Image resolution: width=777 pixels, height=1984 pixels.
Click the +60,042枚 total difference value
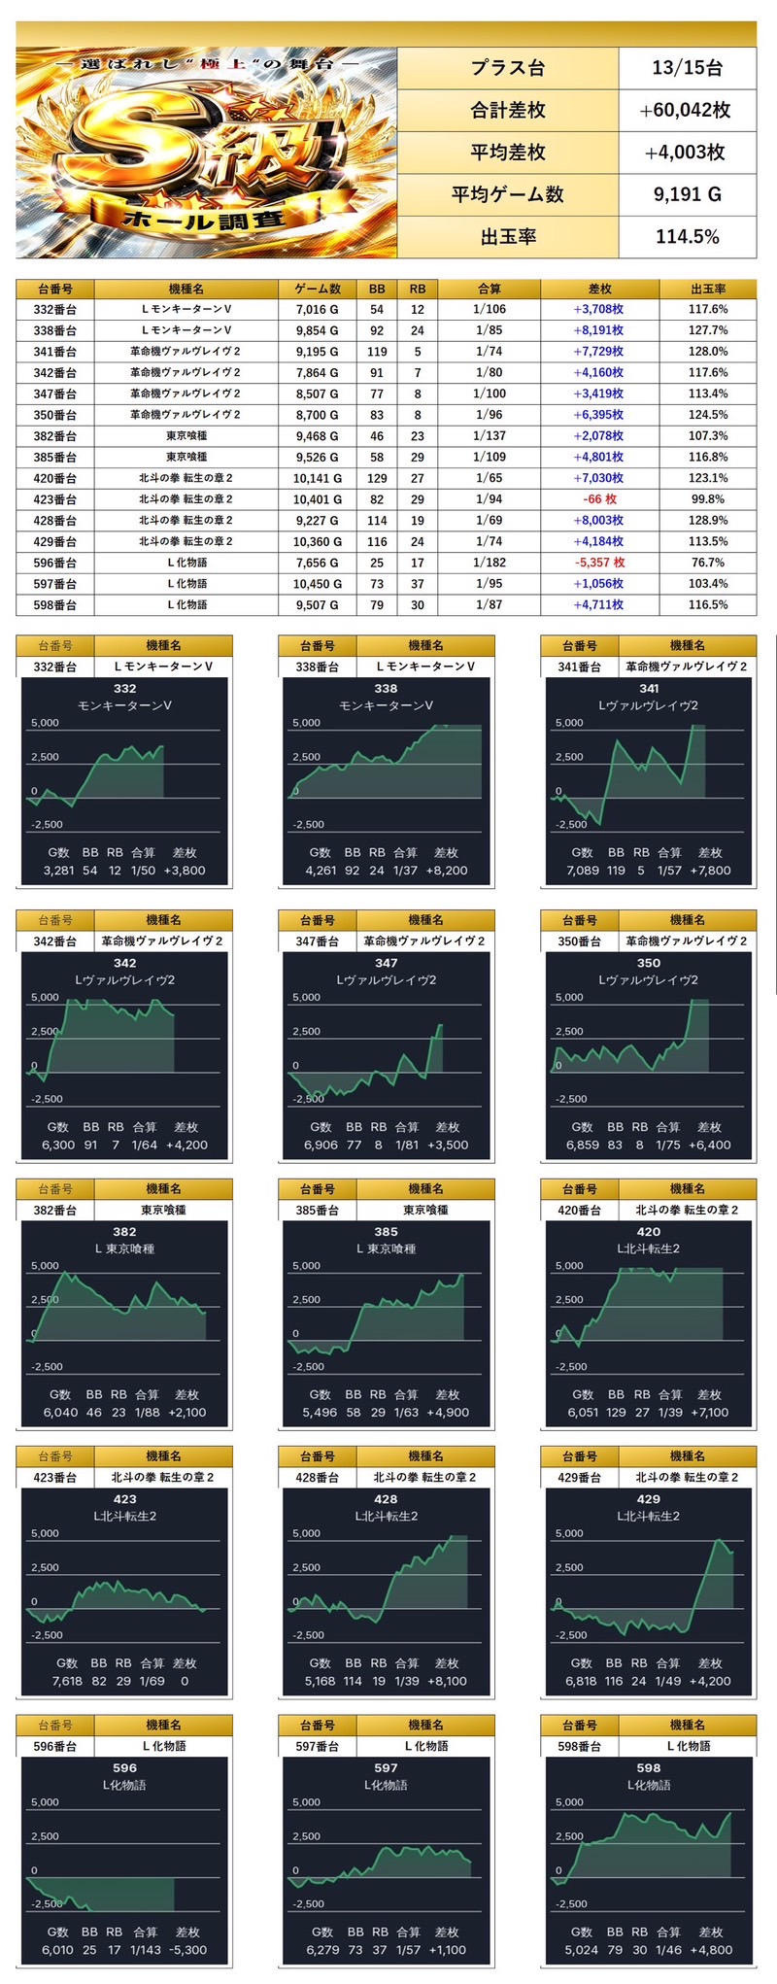coord(686,111)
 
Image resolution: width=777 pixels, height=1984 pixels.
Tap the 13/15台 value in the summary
coord(687,68)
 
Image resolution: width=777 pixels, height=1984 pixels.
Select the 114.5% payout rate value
coord(687,237)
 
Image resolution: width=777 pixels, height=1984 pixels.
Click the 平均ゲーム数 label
coord(507,194)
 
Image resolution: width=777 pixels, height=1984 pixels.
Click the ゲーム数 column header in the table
coord(317,289)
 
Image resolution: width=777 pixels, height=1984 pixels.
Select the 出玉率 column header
coord(708,289)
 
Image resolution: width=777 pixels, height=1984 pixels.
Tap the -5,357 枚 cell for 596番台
coord(598,563)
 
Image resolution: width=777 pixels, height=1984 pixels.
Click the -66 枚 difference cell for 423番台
coord(598,499)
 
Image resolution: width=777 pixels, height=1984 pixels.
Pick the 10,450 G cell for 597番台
coord(317,584)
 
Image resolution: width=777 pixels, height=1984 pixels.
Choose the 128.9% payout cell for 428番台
coord(708,521)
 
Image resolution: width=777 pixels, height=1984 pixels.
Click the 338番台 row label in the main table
coord(55,330)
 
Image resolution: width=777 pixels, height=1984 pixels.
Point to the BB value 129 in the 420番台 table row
coord(377,478)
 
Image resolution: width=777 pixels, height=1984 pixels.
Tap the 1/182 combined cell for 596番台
coord(489,563)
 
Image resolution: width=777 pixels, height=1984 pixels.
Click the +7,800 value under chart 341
coord(710,871)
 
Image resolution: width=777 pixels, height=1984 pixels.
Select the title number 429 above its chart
coord(648,1499)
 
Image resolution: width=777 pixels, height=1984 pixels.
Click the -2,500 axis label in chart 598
coord(571,1904)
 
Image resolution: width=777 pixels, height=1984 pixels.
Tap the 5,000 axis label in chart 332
coord(46,723)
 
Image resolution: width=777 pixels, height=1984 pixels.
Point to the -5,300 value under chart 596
coord(186,1950)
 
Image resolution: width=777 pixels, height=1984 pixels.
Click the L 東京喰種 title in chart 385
coord(386,1249)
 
